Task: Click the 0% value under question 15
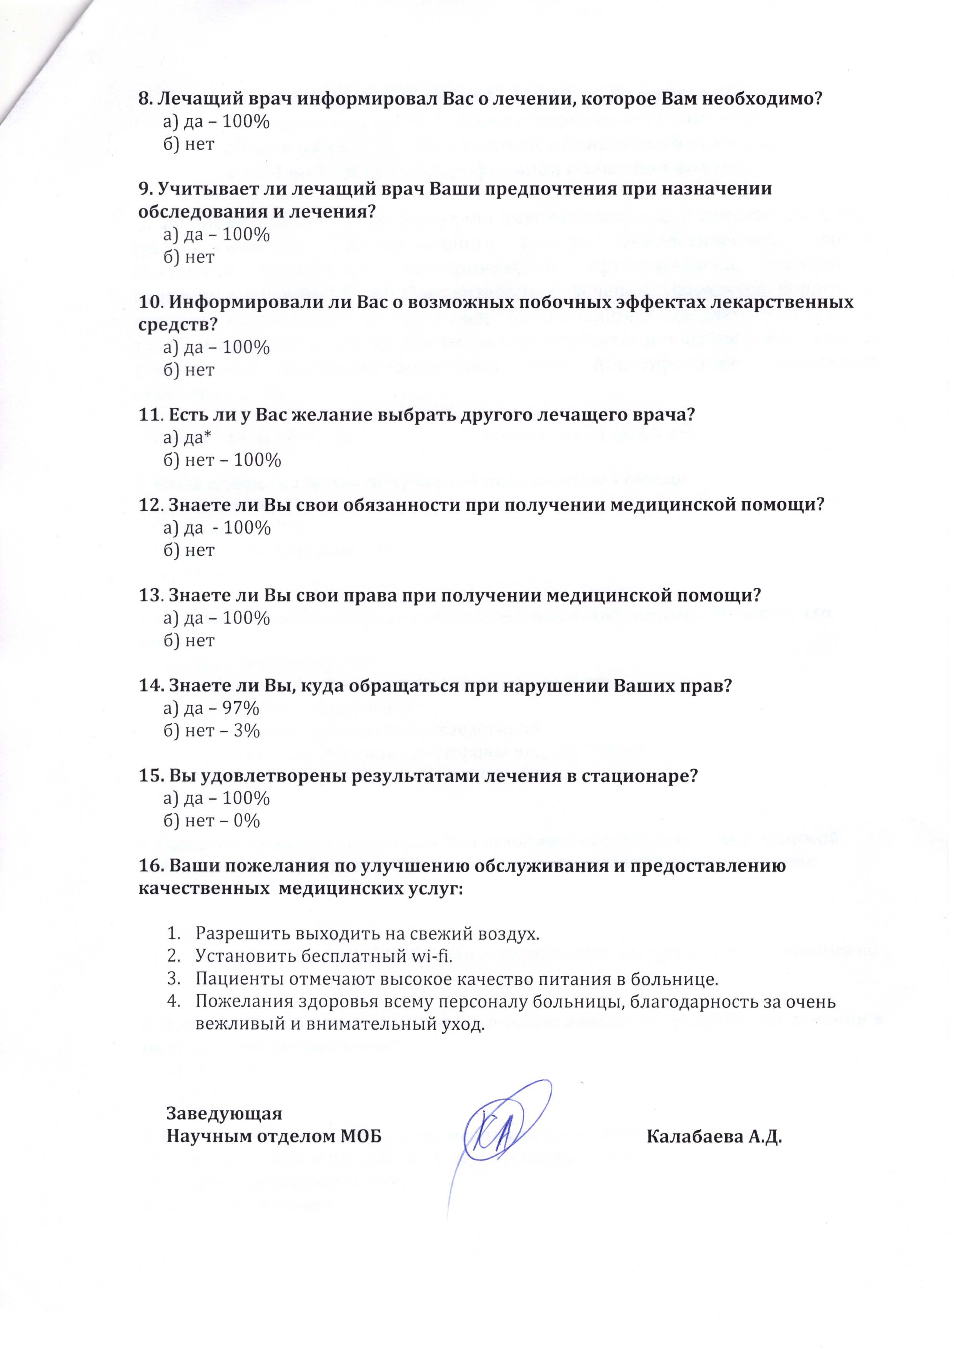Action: pos(246,822)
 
